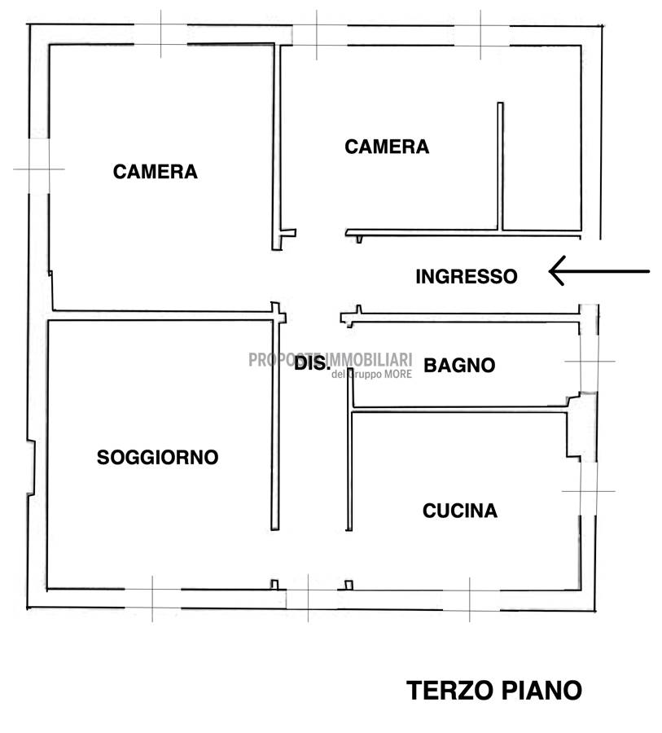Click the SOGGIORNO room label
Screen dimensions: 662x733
coord(157,457)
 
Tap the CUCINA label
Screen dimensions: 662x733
coord(460,511)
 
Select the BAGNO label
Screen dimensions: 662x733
coord(459,365)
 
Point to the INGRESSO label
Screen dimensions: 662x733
coord(467,276)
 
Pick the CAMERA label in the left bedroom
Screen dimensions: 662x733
coord(156,172)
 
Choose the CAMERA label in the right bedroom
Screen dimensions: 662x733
coord(387,147)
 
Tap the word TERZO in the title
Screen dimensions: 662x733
coord(449,690)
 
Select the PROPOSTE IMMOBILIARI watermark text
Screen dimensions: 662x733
coord(330,359)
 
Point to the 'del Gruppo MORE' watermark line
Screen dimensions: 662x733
coord(371,374)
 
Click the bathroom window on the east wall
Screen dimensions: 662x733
coord(589,362)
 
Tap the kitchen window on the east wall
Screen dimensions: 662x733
coord(589,491)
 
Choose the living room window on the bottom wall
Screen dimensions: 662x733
coord(152,599)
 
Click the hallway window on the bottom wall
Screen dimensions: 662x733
coord(309,599)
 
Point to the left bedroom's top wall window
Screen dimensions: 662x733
coord(161,34)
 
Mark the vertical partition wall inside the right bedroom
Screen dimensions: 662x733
coord(500,166)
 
